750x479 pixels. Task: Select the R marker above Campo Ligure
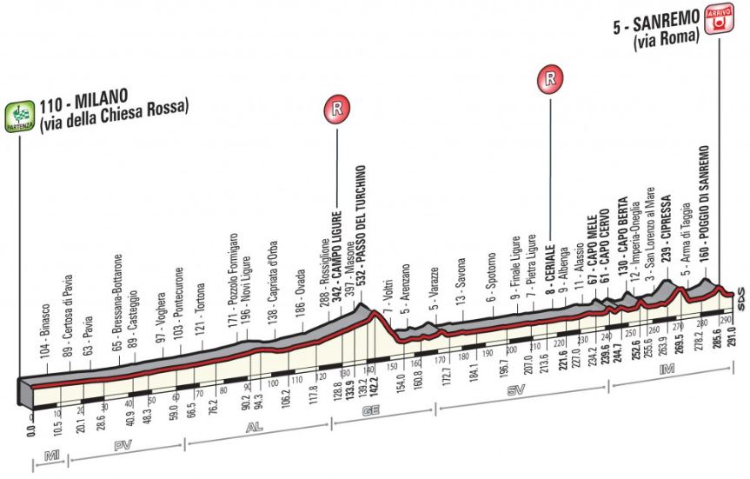(x=336, y=110)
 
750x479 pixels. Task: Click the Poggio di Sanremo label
(x=707, y=213)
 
